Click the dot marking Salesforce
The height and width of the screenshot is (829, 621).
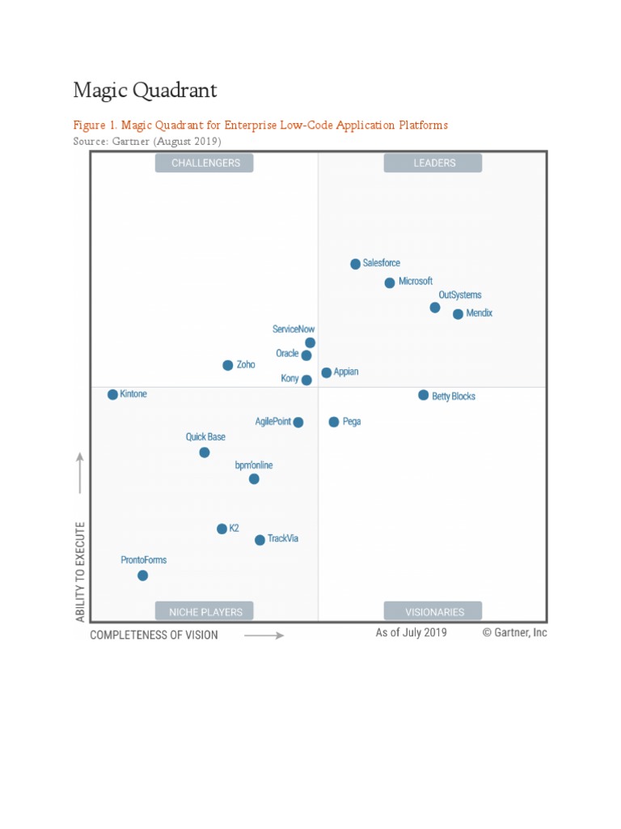[x=355, y=264]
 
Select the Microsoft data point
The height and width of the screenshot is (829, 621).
[x=390, y=283]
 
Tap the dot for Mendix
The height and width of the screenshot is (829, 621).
[x=458, y=314]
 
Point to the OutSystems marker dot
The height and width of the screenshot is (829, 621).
[x=435, y=308]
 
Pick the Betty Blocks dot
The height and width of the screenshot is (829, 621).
[x=423, y=395]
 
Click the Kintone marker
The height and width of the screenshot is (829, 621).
[x=112, y=394]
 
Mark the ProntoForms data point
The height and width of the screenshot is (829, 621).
[x=142, y=576]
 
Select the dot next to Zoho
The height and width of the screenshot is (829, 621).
[x=228, y=365]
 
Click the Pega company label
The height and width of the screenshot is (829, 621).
[x=352, y=422]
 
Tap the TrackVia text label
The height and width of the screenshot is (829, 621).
[x=283, y=539]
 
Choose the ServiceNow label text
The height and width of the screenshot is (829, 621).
[x=294, y=329]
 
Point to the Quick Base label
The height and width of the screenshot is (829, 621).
[x=205, y=437]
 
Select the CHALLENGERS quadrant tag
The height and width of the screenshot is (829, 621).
[x=205, y=163]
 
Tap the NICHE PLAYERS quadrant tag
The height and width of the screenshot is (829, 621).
[x=205, y=611]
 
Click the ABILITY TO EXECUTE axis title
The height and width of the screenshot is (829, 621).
[x=80, y=571]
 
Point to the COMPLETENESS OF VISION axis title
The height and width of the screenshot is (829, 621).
[x=154, y=636]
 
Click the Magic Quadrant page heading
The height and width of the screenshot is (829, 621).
[x=145, y=90]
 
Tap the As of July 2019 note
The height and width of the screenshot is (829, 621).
[x=411, y=633]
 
